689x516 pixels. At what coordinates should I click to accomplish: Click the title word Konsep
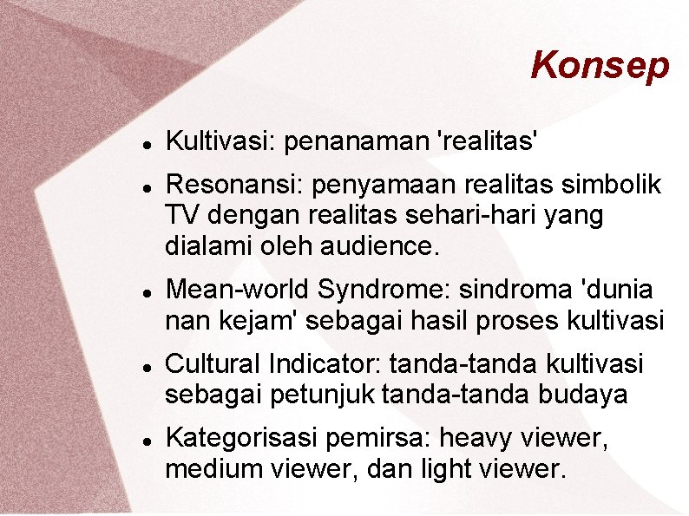pyautogui.click(x=600, y=65)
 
